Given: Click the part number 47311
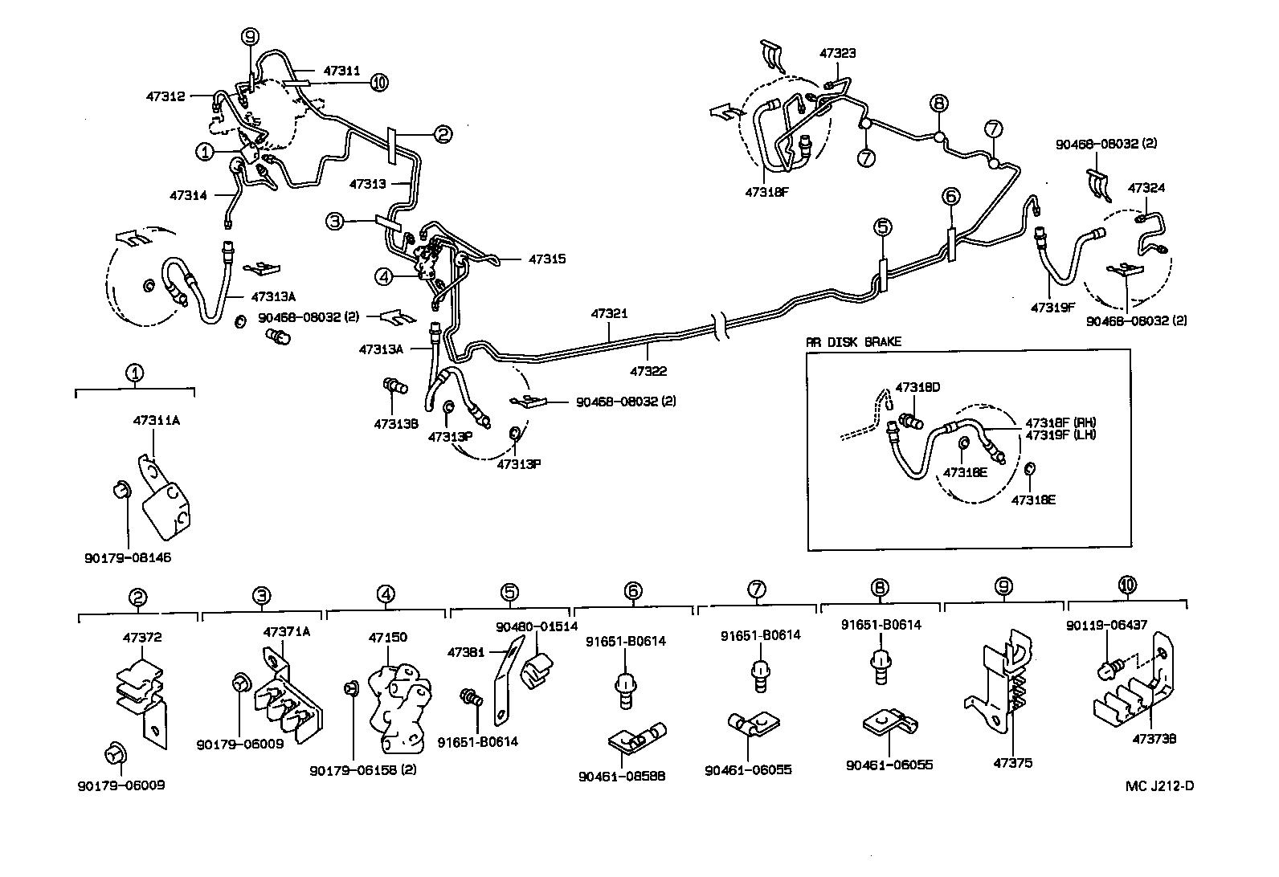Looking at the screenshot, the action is pos(342,71).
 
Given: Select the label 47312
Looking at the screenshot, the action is pos(165,96).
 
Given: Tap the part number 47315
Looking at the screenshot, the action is pos(547,259).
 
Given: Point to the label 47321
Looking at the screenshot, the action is pos(610,314).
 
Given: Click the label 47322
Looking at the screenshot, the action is pos(648,372).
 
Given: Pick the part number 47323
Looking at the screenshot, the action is pos(838,54).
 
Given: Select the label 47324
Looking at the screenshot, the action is pos(1146,188).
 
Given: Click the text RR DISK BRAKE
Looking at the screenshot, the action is pos(853,341).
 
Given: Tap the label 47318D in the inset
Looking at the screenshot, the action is pos(917,387).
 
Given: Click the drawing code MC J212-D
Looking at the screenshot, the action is pos(1159,785).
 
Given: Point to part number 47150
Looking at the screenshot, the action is pos(387,638).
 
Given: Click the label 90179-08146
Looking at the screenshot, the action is pos(128,557).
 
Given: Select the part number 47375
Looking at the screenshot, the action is pos(1012,763).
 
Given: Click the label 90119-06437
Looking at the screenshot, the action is pos(1118,625).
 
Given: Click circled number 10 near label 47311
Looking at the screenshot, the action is pos(379,82).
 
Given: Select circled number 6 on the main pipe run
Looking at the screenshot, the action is pos(950,196).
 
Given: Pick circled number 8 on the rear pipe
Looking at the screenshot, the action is pos(938,103).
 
